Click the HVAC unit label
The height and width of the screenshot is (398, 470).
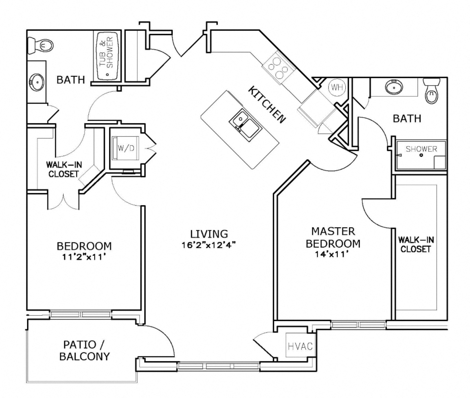coord(300,346)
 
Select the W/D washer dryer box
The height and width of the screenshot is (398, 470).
coord(125,148)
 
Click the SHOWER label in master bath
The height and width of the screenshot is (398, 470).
coord(421,149)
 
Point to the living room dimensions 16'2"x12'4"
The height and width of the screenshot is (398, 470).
coord(209,245)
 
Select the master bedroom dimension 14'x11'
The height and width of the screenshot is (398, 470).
coord(332,254)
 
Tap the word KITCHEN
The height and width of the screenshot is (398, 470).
coord(267,105)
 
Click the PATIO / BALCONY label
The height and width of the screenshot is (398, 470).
coord(84,350)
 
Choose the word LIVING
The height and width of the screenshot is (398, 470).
coord(209,234)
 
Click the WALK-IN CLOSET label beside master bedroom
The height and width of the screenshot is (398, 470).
coord(416,244)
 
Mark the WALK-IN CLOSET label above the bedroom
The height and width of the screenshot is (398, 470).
coord(64,169)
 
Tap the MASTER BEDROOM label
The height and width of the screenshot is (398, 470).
coord(333,237)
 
